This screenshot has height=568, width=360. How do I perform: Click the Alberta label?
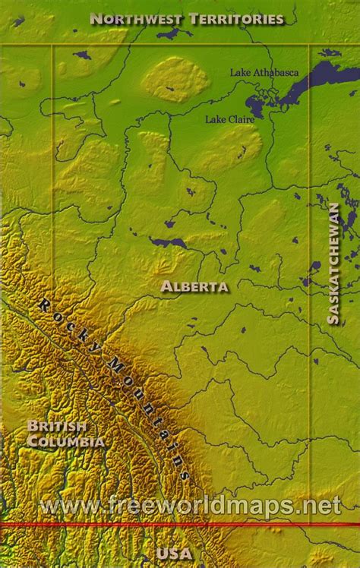(x=194, y=287)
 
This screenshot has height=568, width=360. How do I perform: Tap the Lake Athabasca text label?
(x=264, y=73)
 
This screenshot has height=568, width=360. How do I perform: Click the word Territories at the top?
(x=243, y=19)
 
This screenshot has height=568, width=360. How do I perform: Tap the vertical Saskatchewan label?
(x=333, y=263)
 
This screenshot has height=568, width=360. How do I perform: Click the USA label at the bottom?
(x=175, y=553)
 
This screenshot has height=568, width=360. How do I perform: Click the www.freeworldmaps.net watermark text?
(x=190, y=505)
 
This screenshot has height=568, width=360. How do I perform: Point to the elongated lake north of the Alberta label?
(x=169, y=243)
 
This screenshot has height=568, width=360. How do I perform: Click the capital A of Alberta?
(x=166, y=287)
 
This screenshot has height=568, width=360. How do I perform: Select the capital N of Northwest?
(x=95, y=19)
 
